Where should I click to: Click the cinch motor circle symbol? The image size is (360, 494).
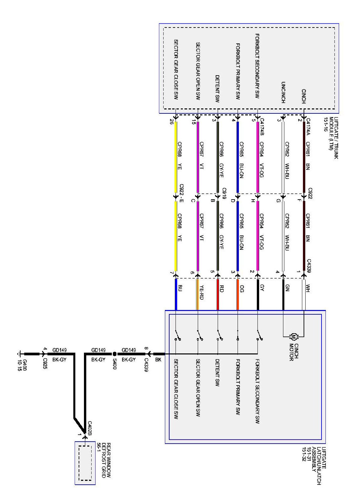[293, 337]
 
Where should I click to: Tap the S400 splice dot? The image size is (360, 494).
[114, 354]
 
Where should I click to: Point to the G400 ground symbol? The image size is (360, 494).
[21, 354]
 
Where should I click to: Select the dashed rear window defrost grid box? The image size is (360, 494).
[85, 463]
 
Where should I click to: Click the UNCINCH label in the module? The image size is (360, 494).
[283, 92]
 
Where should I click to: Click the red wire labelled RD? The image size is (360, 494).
[218, 295]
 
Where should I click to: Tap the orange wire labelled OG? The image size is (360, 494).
[238, 295]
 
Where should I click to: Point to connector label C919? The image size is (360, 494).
[224, 193]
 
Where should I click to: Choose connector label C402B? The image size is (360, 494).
[90, 428]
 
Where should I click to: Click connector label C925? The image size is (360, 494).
[45, 364]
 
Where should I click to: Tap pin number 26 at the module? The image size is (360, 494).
[171, 122]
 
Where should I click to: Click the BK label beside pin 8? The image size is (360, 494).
[158, 359]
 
